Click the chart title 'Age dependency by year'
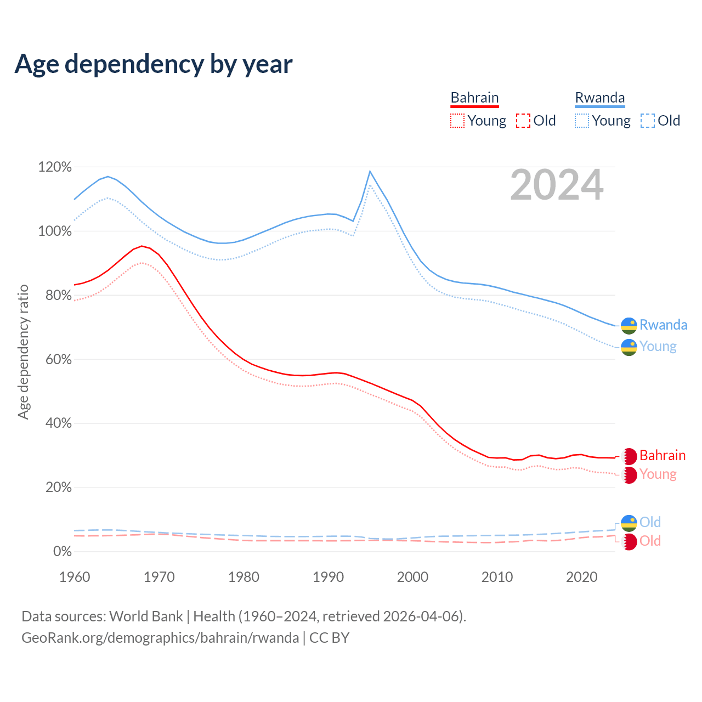pyautogui.click(x=154, y=64)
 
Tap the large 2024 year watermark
pyautogui.click(x=557, y=185)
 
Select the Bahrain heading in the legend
pyautogui.click(x=474, y=98)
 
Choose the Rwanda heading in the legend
pyautogui.click(x=599, y=98)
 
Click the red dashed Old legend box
pyautogui.click(x=523, y=121)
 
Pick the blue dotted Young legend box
pyautogui.click(x=582, y=121)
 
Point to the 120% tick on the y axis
pyautogui.click(x=55, y=167)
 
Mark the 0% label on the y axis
pyautogui.click(x=62, y=551)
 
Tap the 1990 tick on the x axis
pyautogui.click(x=328, y=577)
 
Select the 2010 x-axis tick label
pyautogui.click(x=497, y=577)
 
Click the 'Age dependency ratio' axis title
pyautogui.click(x=23, y=352)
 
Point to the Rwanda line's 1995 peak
pyautogui.click(x=370, y=172)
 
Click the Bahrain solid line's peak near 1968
pyautogui.click(x=141, y=246)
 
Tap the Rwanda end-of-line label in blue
pyautogui.click(x=663, y=325)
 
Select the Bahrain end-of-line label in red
pyautogui.click(x=662, y=455)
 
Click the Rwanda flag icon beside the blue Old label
pyautogui.click(x=629, y=523)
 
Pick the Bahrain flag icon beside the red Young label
pyautogui.click(x=629, y=475)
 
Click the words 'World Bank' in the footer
pyautogui.click(x=146, y=616)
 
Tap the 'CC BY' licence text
pyautogui.click(x=329, y=638)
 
